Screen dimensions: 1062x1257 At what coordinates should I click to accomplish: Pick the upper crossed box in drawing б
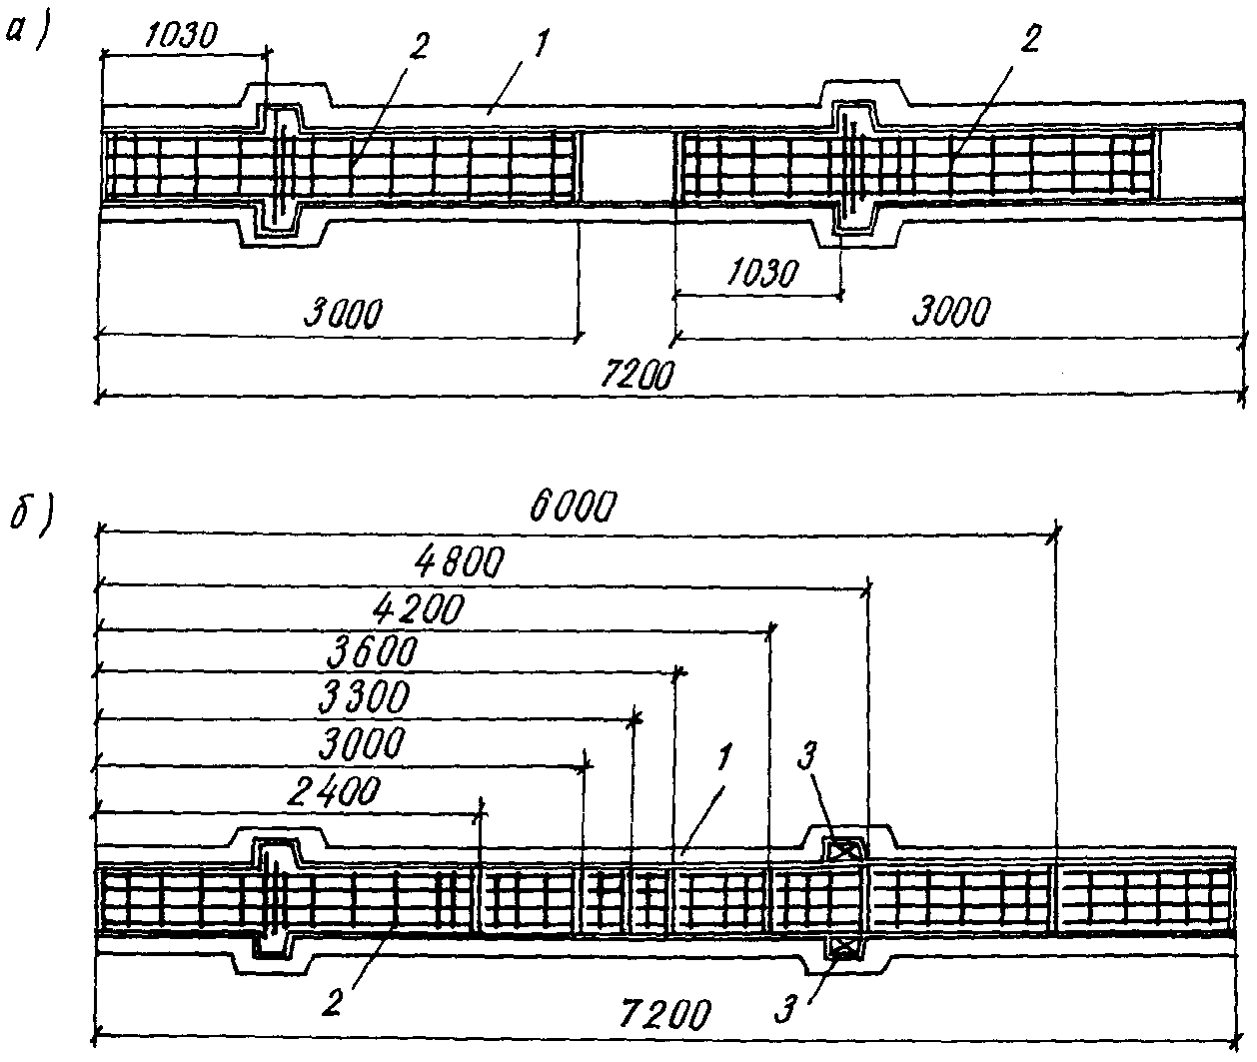click(843, 850)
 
